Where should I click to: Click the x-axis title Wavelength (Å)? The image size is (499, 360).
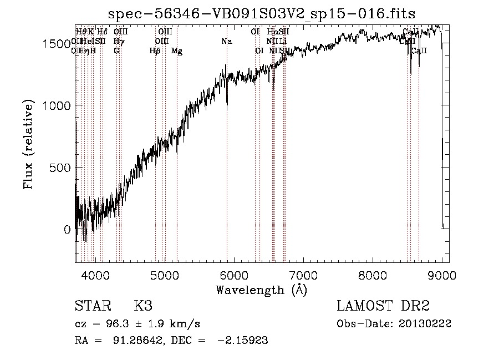(261, 290)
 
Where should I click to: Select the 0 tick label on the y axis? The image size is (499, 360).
(67, 229)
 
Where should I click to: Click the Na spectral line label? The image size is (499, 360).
(226, 42)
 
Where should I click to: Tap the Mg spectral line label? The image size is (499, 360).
(177, 51)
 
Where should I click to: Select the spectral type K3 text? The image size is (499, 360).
(143, 306)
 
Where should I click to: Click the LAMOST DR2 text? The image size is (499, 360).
(383, 306)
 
